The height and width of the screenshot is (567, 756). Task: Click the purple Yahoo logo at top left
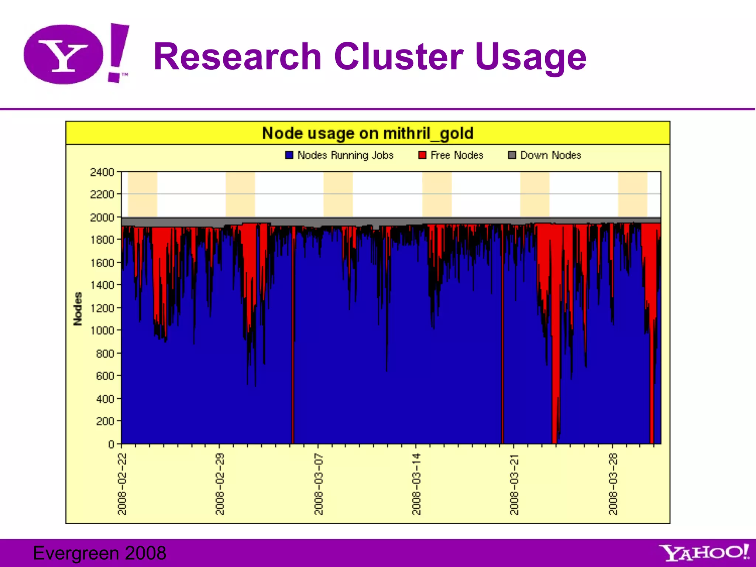[76, 54]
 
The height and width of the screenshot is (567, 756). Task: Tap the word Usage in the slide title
[530, 57]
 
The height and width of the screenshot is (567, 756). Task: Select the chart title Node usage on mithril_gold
[367, 133]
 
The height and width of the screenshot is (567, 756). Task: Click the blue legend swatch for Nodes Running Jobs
[289, 155]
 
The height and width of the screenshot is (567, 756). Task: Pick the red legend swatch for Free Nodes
[422, 155]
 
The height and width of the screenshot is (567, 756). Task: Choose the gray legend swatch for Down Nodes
[512, 155]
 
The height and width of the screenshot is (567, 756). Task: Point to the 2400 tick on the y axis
[102, 172]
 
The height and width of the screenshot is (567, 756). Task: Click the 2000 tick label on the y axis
[102, 218]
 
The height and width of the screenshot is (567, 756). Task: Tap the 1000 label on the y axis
[102, 331]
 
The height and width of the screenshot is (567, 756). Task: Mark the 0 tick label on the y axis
[111, 444]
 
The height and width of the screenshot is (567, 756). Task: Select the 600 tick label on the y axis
[105, 376]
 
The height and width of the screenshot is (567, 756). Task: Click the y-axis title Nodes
[78, 309]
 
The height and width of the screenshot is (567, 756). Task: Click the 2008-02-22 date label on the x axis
[122, 484]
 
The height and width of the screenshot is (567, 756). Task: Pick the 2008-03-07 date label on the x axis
[319, 484]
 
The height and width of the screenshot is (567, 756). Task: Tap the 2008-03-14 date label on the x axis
[416, 484]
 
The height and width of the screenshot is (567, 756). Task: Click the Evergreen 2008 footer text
[100, 553]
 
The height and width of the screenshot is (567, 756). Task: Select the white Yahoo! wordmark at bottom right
[704, 553]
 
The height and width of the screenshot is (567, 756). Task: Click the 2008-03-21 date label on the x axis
[514, 484]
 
